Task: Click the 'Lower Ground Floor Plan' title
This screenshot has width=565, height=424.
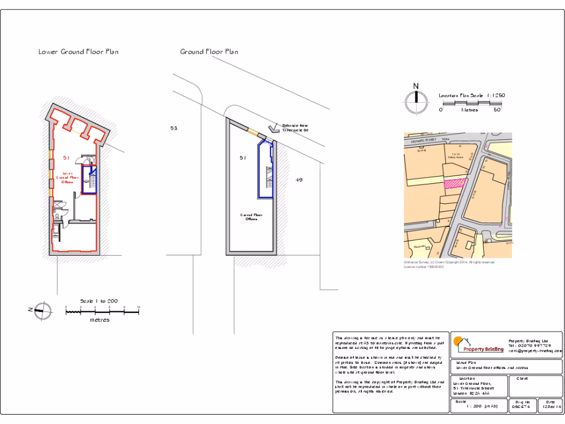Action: click(x=78, y=52)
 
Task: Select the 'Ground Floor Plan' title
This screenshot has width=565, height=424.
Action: click(x=209, y=52)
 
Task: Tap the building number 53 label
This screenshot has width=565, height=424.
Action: click(x=174, y=128)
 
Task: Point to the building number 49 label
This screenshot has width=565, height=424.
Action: click(x=299, y=179)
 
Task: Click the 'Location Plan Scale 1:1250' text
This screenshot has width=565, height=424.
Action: click(x=472, y=96)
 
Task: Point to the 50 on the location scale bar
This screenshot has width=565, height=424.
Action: click(x=497, y=110)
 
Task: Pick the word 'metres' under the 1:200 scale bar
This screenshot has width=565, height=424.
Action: click(x=99, y=320)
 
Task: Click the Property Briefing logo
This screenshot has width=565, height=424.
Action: click(x=478, y=346)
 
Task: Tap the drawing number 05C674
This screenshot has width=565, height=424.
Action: click(x=521, y=407)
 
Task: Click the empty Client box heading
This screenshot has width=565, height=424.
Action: click(x=523, y=379)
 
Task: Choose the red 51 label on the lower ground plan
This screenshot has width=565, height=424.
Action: click(x=66, y=157)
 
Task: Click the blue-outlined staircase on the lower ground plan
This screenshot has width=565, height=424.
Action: click(x=89, y=179)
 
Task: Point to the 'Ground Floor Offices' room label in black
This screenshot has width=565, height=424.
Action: click(x=251, y=217)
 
